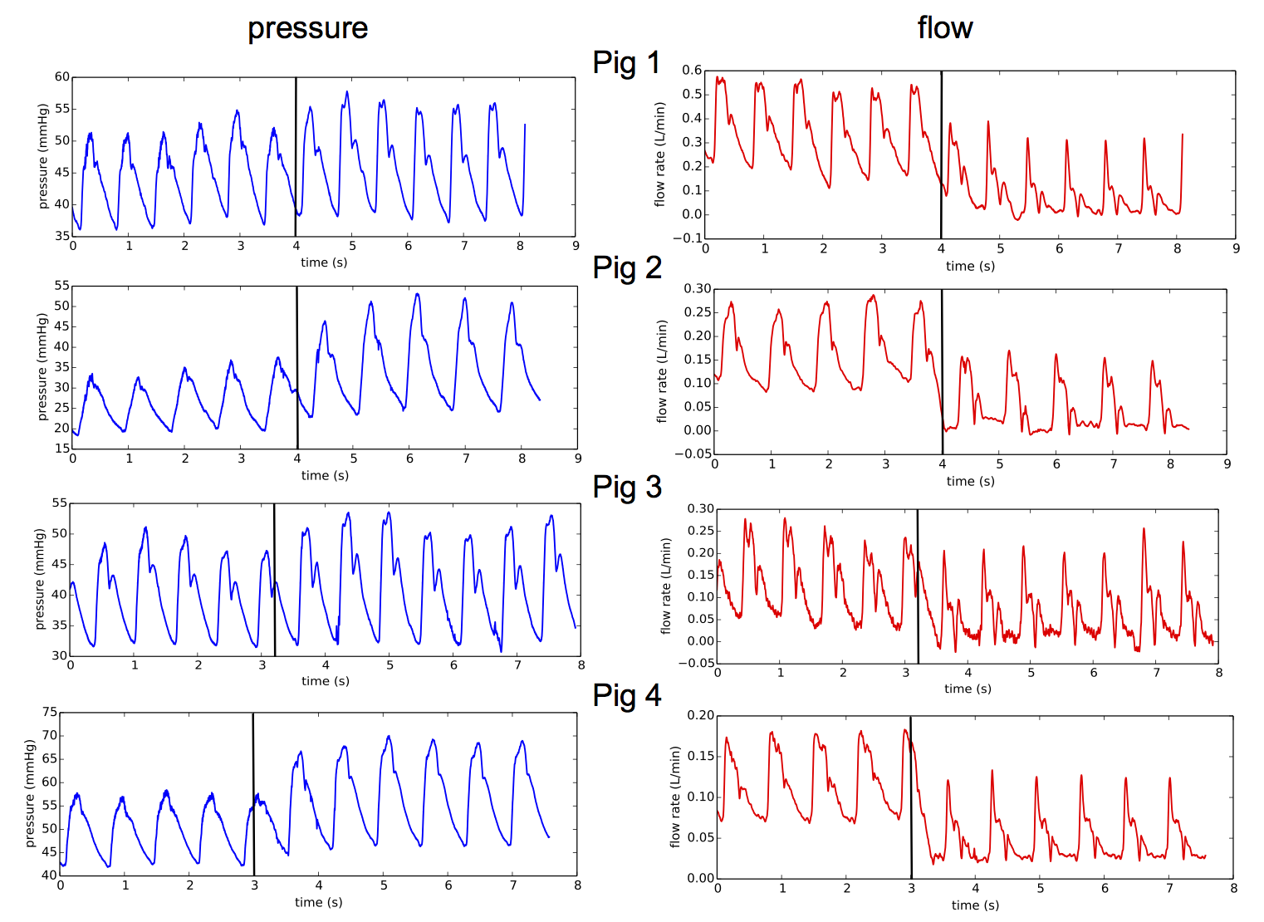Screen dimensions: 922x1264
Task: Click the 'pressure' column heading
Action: point(307,29)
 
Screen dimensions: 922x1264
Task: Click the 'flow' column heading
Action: point(944,28)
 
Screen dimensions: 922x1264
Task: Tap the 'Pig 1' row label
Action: point(626,63)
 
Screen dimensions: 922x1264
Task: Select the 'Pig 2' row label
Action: point(627,267)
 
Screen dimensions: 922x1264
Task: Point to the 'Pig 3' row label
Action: point(627,487)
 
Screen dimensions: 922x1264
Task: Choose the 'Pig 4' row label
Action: point(627,695)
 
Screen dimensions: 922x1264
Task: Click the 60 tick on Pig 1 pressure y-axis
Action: point(62,77)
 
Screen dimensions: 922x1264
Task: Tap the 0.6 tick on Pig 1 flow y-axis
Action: point(692,71)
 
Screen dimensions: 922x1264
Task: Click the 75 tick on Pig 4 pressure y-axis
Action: point(50,713)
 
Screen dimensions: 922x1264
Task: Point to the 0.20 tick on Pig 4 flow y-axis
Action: point(701,715)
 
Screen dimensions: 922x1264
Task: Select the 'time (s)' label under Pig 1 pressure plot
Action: point(324,262)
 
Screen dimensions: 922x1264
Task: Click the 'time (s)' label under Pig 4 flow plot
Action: point(975,905)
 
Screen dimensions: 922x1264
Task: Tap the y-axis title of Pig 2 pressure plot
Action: point(42,366)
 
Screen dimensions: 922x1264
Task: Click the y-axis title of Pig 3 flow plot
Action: point(665,586)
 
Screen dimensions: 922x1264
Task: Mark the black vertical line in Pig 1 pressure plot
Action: point(296,158)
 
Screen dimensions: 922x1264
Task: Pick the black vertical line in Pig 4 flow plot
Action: point(911,797)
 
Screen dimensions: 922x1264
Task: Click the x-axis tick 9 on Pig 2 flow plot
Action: point(1227,464)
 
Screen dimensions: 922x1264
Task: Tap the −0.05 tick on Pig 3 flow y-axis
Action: point(695,663)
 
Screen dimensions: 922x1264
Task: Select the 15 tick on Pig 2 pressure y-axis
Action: point(62,449)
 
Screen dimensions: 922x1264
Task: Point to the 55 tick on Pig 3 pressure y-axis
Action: point(60,503)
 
